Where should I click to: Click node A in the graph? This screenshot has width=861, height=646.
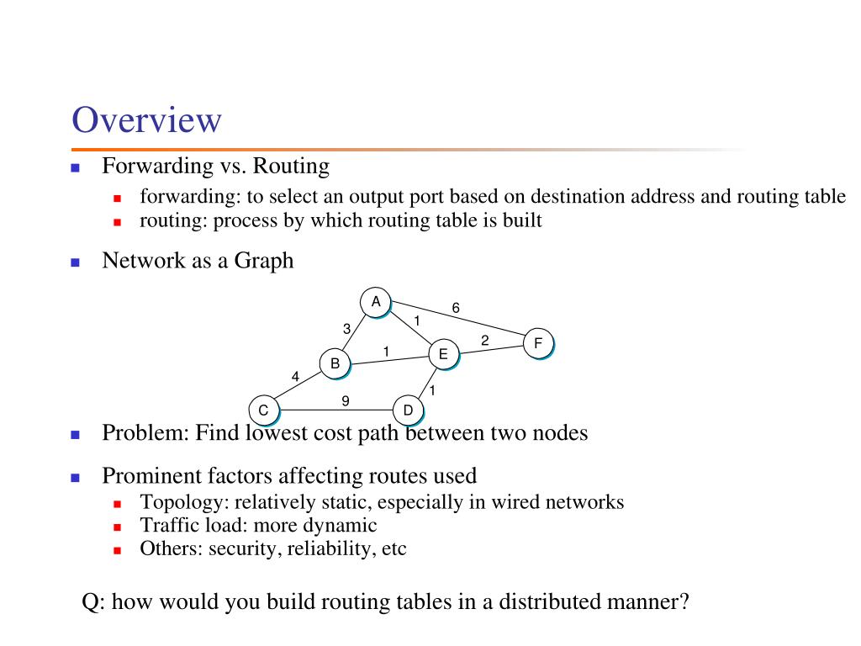tap(376, 302)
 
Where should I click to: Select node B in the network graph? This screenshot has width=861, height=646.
tap(335, 363)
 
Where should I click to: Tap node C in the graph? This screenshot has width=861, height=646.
tap(263, 410)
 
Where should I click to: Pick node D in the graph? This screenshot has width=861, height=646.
tap(408, 410)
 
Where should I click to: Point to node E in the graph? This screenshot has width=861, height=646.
tap(443, 354)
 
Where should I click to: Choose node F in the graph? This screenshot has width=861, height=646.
tap(538, 343)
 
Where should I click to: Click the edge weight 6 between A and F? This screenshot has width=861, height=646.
tap(456, 308)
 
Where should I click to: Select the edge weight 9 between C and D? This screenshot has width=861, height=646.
tap(346, 401)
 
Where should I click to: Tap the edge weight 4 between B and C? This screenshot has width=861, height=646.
tap(295, 377)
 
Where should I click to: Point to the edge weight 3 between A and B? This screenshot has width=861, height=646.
tap(346, 329)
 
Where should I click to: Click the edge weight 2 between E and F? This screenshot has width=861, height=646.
tap(485, 340)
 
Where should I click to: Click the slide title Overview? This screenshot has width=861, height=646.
tap(146, 119)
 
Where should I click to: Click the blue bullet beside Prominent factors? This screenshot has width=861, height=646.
tap(75, 477)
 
